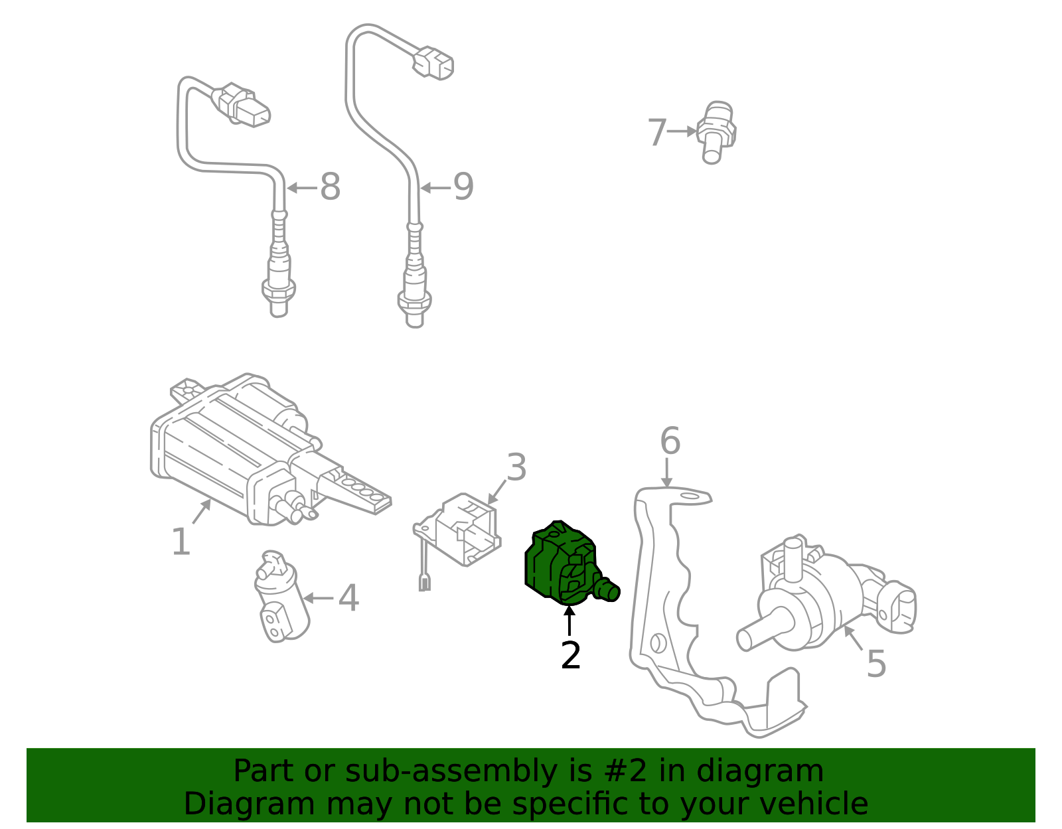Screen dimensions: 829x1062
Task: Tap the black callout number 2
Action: click(x=571, y=656)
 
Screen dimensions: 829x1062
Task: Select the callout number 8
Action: click(x=330, y=187)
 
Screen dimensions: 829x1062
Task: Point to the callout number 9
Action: click(x=463, y=187)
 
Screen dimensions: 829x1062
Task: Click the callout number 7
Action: click(x=656, y=132)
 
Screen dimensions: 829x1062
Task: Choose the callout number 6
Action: click(x=670, y=441)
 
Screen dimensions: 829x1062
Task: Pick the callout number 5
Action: click(x=876, y=664)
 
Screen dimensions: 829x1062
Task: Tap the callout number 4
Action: click(x=348, y=598)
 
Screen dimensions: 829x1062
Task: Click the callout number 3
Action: click(x=516, y=468)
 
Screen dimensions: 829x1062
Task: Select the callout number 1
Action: click(x=181, y=542)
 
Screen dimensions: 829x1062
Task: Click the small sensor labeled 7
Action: click(x=716, y=132)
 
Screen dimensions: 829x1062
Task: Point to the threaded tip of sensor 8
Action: click(x=279, y=307)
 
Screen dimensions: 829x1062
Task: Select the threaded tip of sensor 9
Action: click(x=414, y=317)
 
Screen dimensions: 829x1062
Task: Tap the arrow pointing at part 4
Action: click(x=318, y=598)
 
